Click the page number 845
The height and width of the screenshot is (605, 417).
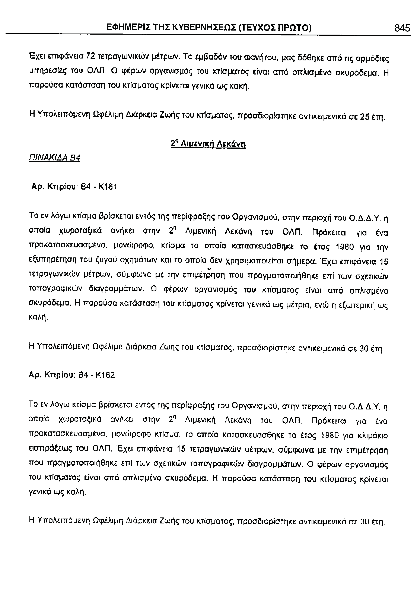pyautogui.click(x=402, y=28)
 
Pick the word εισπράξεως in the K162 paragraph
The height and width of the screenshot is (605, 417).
pyautogui.click(x=49, y=450)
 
